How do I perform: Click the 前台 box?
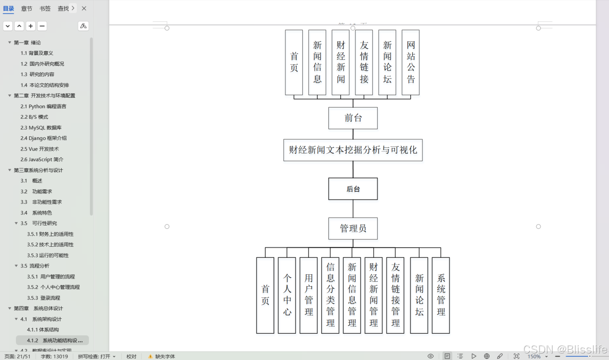[x=353, y=118]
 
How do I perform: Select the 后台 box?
[x=353, y=189]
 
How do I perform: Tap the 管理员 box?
[x=353, y=228]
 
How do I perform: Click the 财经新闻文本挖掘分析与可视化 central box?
[x=353, y=150]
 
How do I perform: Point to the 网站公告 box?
[x=411, y=62]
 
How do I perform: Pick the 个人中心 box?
[x=287, y=295]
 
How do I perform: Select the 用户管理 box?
[x=308, y=295]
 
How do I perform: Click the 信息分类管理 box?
[x=330, y=295]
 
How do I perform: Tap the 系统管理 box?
[x=440, y=295]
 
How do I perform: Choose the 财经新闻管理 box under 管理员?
[x=373, y=295]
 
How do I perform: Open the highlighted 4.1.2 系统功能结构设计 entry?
[x=54, y=340]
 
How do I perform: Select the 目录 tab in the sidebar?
[x=9, y=9]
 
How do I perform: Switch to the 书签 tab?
[x=45, y=9]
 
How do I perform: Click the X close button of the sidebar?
[x=84, y=8]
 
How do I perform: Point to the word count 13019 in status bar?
[x=54, y=356]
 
